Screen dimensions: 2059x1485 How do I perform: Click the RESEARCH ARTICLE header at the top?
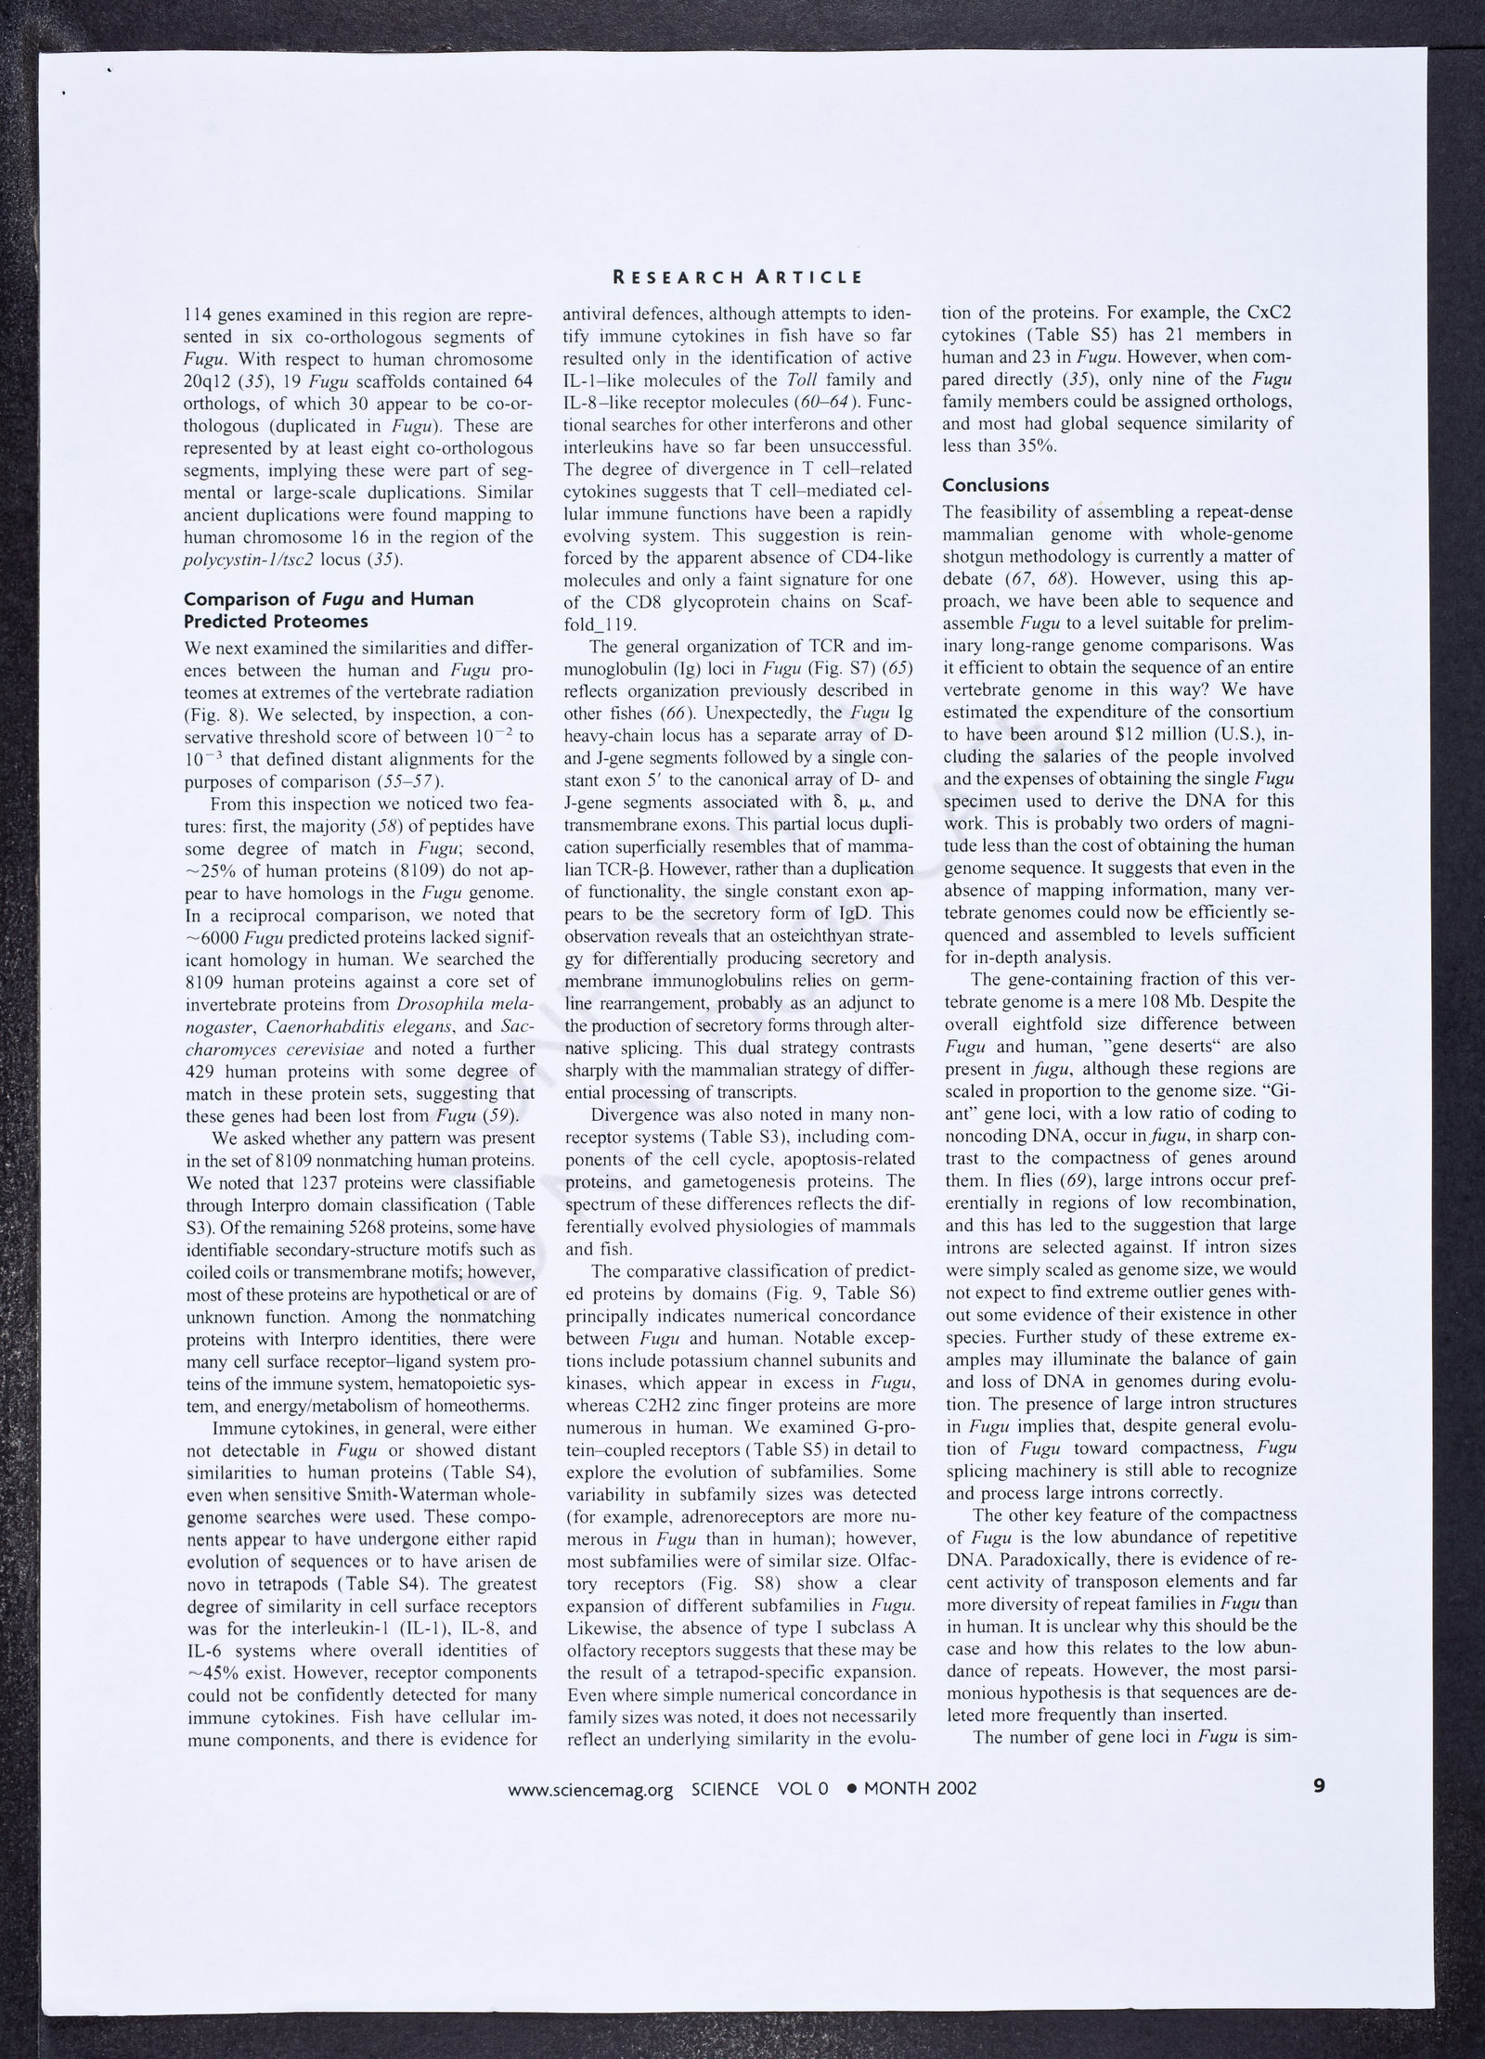click(739, 277)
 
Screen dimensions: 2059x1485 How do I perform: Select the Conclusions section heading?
click(996, 485)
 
